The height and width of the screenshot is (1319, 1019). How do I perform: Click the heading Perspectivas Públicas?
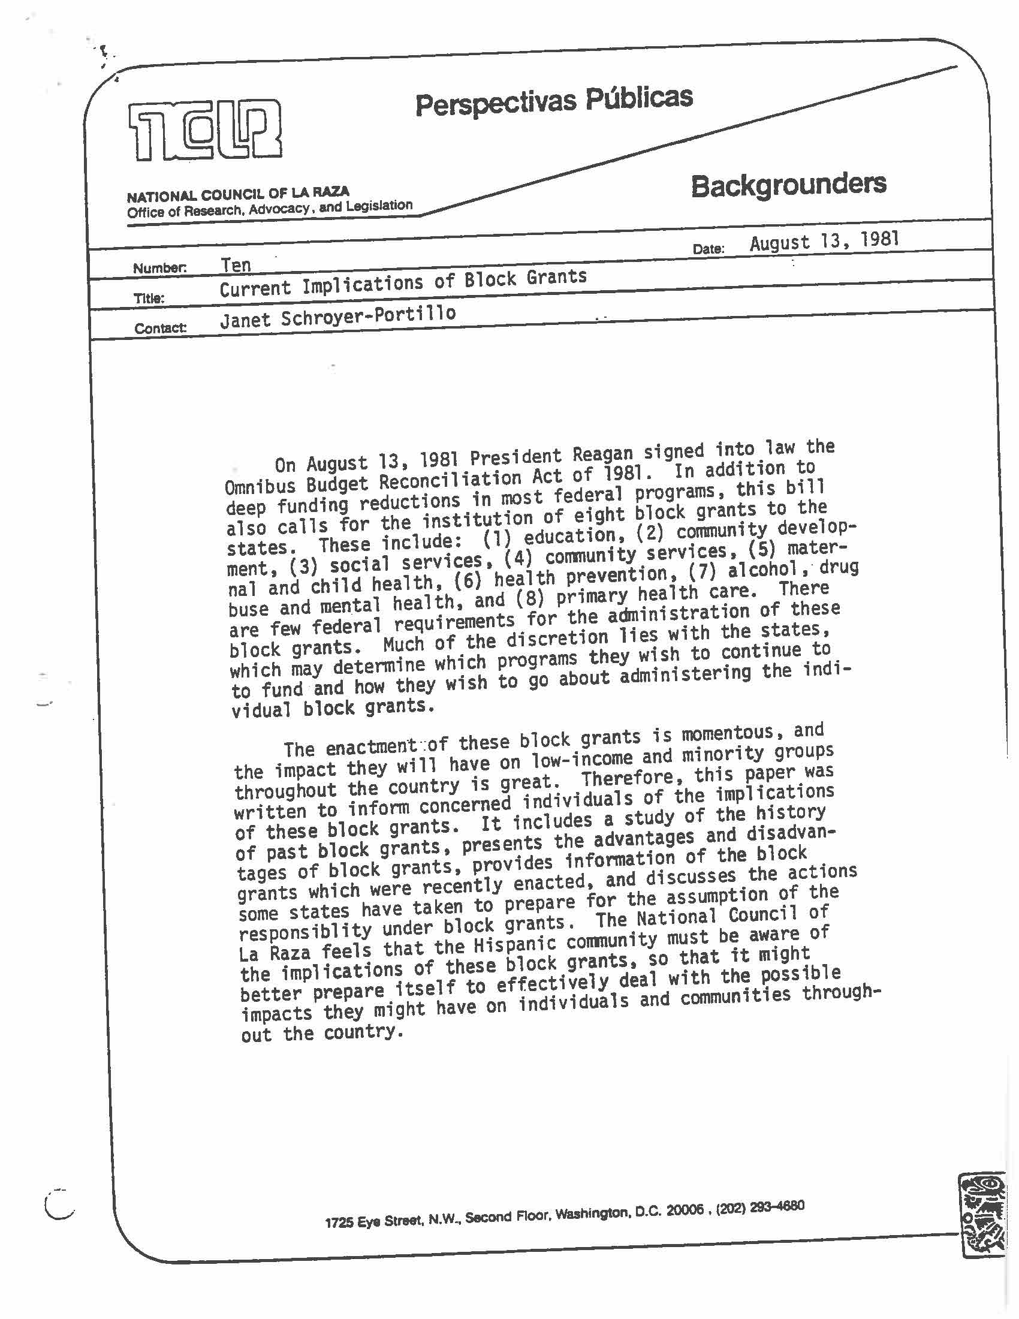[554, 101]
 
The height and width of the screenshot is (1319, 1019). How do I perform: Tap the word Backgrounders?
[788, 185]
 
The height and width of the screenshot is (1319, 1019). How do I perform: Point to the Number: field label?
[159, 268]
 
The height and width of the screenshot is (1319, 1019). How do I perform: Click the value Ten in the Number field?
[236, 265]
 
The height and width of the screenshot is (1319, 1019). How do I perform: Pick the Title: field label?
[149, 298]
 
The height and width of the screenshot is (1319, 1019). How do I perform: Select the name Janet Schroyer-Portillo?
[337, 317]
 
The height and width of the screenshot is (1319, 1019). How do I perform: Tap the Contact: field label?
[160, 328]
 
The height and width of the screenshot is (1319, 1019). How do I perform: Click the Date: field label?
[708, 248]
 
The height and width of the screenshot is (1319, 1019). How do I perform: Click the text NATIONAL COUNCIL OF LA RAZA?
[238, 194]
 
